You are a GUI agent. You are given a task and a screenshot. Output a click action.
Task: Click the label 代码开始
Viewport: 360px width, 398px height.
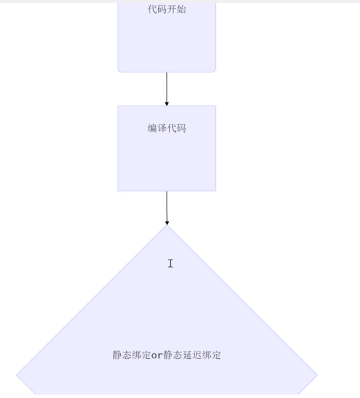pyautogui.click(x=167, y=10)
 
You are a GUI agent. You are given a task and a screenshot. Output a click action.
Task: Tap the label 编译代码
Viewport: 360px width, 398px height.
pyautogui.click(x=167, y=128)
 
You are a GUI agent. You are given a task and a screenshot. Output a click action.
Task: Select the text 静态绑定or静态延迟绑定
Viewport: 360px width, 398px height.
pyautogui.click(x=167, y=355)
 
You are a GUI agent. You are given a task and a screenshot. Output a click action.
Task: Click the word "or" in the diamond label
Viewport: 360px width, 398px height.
pyautogui.click(x=157, y=355)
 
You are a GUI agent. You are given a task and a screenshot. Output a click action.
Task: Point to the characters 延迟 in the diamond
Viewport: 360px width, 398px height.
pyautogui.click(x=187, y=355)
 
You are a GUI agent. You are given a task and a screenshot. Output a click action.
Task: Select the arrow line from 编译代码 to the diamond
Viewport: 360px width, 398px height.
pyautogui.click(x=167, y=207)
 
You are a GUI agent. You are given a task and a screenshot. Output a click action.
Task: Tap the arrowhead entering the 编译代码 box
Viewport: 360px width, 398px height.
pyautogui.click(x=167, y=103)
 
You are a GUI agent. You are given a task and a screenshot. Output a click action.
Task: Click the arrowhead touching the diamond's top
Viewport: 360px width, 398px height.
pyautogui.click(x=167, y=223)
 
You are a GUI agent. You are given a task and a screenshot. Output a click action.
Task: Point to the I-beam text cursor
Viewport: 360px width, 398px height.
pyautogui.click(x=170, y=263)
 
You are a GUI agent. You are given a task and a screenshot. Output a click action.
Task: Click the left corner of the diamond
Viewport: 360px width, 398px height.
pyautogui.click(x=17, y=375)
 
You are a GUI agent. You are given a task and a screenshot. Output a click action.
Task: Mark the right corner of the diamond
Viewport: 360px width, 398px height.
pyautogui.click(x=317, y=375)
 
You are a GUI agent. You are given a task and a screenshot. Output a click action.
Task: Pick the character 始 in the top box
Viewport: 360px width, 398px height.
pyautogui.click(x=182, y=10)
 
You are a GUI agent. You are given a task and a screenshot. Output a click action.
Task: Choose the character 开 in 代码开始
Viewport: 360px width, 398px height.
pyautogui.click(x=172, y=10)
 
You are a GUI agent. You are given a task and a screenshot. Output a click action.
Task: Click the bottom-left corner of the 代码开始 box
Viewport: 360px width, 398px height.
pyautogui.click(x=119, y=71)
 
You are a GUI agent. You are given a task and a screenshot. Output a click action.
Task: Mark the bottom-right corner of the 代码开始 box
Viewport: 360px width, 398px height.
pyautogui.click(x=215, y=71)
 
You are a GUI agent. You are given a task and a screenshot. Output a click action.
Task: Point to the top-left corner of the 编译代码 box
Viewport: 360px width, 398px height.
pyautogui.click(x=118, y=106)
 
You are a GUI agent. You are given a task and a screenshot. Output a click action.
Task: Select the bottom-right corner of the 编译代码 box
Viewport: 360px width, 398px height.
pyautogui.click(x=215, y=191)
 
